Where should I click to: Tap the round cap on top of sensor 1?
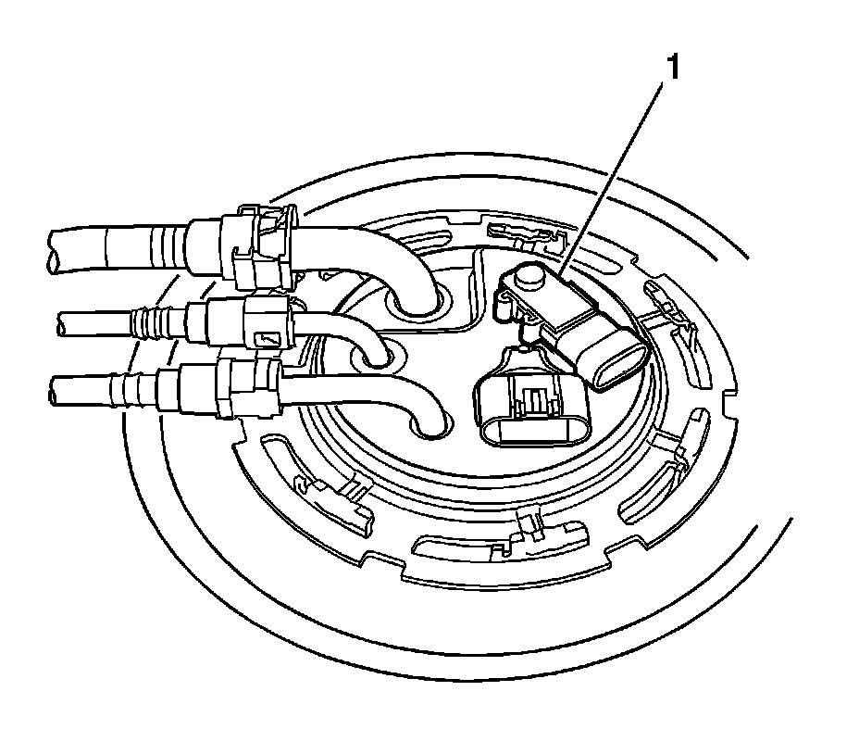coord(529,275)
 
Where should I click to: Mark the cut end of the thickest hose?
coord(54,250)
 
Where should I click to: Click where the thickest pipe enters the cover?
coord(416,301)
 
